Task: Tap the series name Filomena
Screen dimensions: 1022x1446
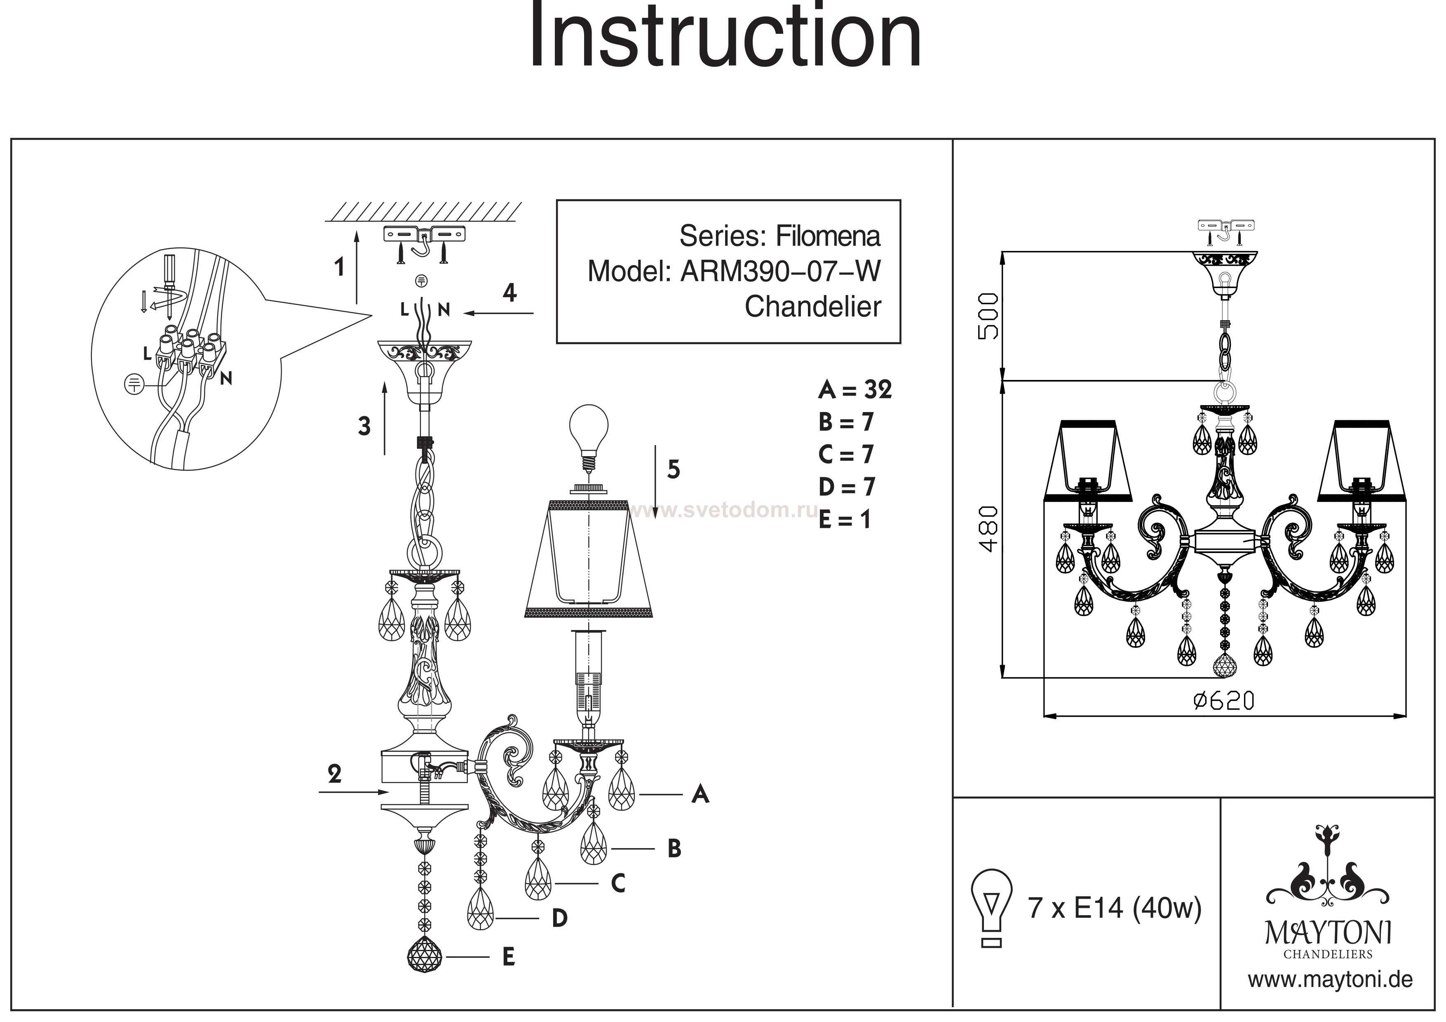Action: pyautogui.click(x=828, y=236)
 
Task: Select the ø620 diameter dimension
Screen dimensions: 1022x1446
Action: pyautogui.click(x=1224, y=701)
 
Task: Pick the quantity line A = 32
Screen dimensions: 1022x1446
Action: pyautogui.click(x=854, y=390)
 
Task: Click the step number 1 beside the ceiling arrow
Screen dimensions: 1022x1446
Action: pyautogui.click(x=340, y=267)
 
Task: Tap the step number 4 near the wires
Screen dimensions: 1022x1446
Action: pyautogui.click(x=509, y=293)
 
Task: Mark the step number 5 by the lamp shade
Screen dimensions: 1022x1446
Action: pyautogui.click(x=673, y=469)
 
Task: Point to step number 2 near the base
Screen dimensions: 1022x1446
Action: pyautogui.click(x=334, y=774)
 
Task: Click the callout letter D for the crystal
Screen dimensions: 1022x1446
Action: pyautogui.click(x=559, y=919)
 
